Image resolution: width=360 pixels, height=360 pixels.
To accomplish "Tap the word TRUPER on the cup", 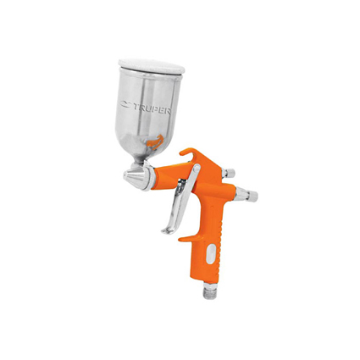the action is [x=152, y=108].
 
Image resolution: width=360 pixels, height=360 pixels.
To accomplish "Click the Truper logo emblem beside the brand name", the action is [x=125, y=104].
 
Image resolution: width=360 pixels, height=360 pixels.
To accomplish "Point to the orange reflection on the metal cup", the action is [x=154, y=142].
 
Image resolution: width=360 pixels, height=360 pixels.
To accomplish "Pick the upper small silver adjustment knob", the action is [x=229, y=173].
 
